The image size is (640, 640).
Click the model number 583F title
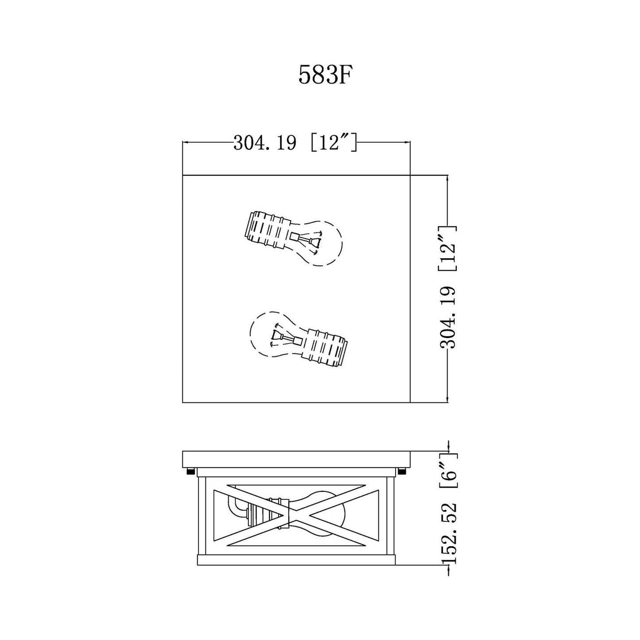point(325,74)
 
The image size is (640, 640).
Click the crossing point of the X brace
point(296,515)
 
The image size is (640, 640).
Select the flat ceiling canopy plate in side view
point(296,458)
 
